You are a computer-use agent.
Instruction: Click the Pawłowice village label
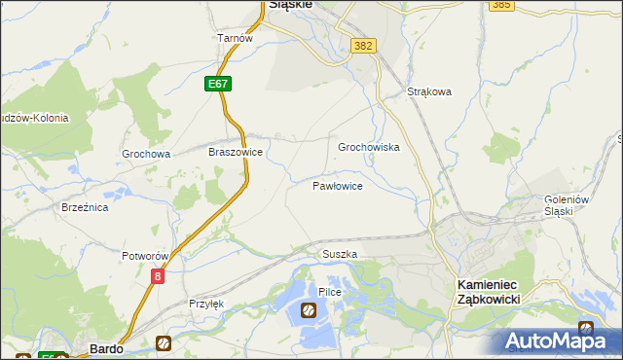338,185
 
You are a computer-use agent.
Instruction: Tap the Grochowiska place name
369,147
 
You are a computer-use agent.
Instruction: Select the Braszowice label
237,152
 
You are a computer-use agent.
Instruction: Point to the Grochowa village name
146,154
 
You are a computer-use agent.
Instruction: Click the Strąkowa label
429,92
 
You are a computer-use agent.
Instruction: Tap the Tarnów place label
236,38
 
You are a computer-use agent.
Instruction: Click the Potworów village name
147,256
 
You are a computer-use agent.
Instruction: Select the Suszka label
340,254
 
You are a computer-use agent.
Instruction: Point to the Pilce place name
329,292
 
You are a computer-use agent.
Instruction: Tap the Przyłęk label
206,304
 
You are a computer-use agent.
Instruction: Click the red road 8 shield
158,276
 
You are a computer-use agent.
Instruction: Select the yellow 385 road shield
502,5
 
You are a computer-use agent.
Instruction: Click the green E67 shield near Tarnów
218,85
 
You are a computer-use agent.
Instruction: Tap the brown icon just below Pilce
309,310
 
